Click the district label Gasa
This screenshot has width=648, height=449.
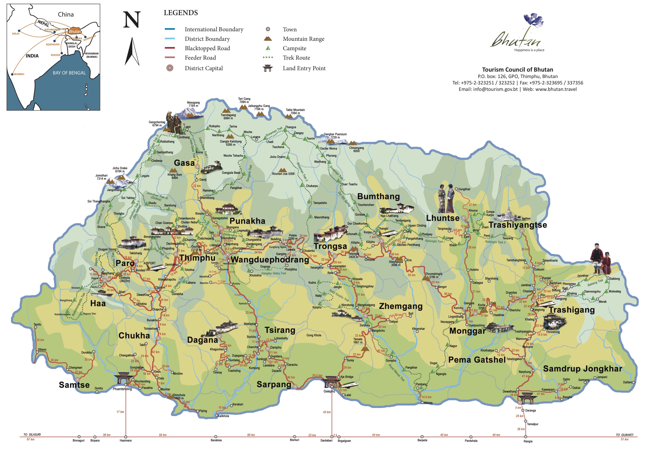(x=184, y=163)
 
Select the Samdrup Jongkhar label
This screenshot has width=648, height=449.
(x=582, y=369)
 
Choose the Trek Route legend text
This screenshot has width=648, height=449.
(x=296, y=58)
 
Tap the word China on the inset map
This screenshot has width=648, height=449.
(x=66, y=14)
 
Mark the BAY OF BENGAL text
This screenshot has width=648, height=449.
(x=69, y=73)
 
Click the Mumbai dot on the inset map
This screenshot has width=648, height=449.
(x=12, y=74)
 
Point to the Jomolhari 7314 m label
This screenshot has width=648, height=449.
(x=101, y=177)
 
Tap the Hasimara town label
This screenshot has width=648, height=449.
(x=126, y=441)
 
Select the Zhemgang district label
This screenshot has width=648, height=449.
(x=401, y=306)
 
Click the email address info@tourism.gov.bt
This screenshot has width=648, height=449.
(x=495, y=89)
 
